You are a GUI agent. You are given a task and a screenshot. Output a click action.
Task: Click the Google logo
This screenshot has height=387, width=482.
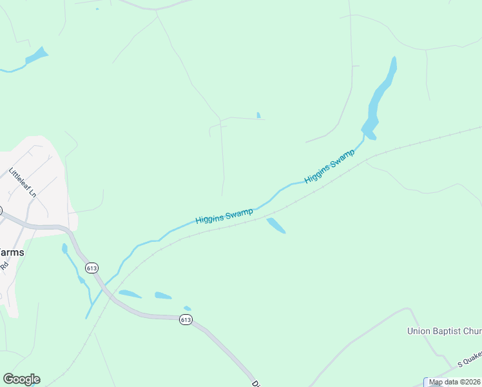tap(21, 379)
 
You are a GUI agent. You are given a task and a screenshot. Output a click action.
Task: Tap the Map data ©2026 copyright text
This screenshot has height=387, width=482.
tap(454, 382)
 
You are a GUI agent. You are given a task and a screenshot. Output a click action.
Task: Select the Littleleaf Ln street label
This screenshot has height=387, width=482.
tap(21, 183)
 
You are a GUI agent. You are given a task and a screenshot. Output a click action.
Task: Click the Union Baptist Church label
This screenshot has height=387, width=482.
tap(444, 331)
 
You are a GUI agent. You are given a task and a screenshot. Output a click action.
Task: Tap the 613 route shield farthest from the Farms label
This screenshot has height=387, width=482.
tap(186, 320)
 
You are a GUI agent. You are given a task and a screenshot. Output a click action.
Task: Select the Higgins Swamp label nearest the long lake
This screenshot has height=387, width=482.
tap(330, 166)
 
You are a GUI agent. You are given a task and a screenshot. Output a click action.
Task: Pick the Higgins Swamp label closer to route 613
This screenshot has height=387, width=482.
tap(224, 215)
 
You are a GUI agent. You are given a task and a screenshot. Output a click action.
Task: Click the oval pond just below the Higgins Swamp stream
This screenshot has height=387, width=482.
tap(276, 225)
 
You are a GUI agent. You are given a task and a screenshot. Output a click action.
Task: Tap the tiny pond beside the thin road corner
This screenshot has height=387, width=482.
tap(259, 115)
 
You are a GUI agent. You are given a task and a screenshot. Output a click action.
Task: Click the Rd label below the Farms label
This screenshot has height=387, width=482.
tap(4, 265)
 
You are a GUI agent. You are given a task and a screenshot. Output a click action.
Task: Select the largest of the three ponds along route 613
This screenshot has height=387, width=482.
tap(130, 294)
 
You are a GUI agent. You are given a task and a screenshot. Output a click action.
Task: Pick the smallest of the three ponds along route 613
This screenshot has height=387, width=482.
tap(188, 308)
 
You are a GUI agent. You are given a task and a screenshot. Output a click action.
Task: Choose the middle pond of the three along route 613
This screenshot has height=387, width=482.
tap(163, 296)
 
